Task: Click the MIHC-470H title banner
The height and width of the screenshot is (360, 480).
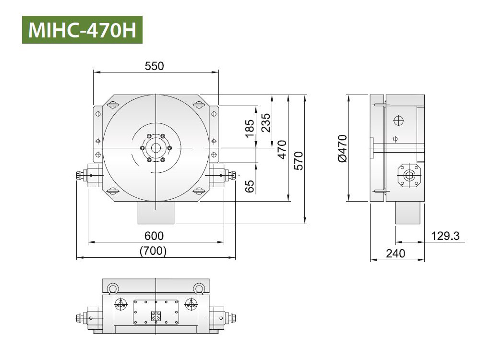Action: coord(82,30)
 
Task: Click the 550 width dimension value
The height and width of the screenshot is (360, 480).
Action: coord(154,66)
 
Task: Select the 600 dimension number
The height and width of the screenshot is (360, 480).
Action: coord(154,236)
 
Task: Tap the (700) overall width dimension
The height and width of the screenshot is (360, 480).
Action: coord(153,251)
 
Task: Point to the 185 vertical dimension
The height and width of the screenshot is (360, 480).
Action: coord(250,129)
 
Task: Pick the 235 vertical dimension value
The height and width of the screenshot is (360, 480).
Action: coord(266,122)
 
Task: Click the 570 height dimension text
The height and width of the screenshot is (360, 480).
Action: coord(298,160)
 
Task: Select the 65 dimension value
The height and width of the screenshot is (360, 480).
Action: coord(250,186)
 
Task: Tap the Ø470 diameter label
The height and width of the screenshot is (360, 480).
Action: coord(342,148)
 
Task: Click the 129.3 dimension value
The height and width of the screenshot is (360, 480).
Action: coord(445,236)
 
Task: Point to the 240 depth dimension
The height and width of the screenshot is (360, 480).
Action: coord(396,253)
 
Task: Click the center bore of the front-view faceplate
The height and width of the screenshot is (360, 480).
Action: coord(156,148)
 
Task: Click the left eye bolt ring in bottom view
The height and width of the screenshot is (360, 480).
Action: coord(113,288)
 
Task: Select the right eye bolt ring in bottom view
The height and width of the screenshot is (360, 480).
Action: coord(199,288)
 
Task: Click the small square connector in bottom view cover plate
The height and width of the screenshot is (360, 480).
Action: coord(156,316)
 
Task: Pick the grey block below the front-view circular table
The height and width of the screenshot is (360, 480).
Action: coord(156,213)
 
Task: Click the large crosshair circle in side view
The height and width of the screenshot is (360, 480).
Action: coord(398,120)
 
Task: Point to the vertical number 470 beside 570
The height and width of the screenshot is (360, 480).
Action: coord(282,149)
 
